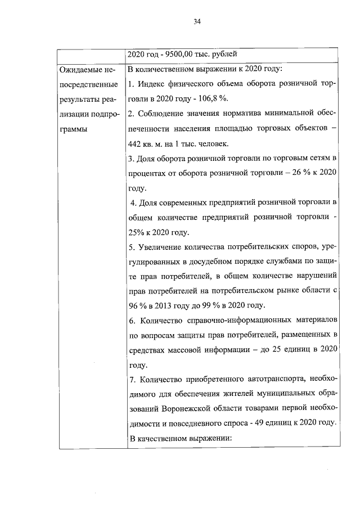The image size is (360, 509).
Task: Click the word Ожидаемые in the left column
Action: tap(82, 70)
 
